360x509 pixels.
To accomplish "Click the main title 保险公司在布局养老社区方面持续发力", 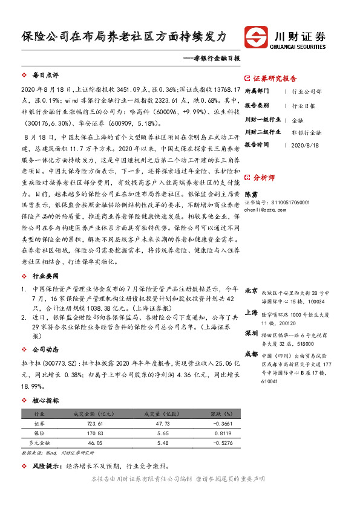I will [x=123, y=36].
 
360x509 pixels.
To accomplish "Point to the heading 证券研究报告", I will [x=275, y=79].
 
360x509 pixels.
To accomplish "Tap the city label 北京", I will [x=252, y=290].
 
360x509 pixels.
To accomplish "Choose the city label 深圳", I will [x=252, y=333].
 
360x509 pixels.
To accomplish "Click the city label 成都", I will [x=252, y=354].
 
